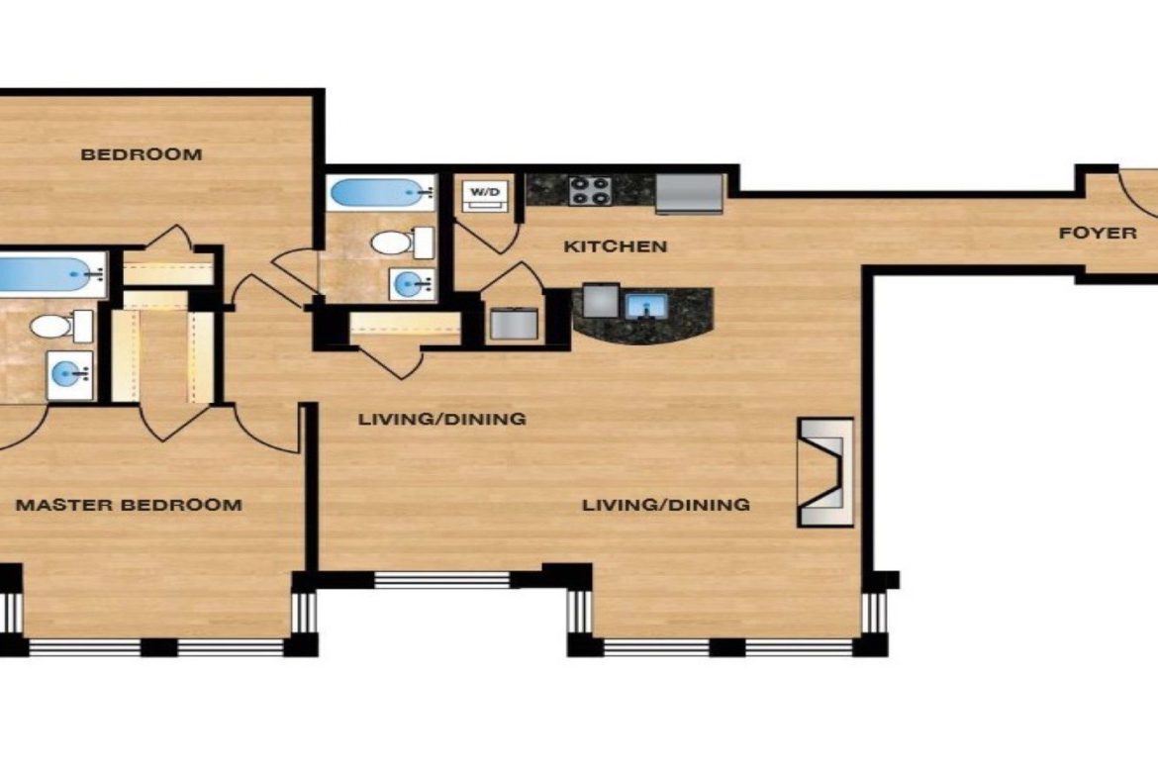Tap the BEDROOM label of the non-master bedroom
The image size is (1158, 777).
(142, 154)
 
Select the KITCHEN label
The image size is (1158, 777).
(616, 246)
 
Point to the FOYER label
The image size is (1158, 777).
(1098, 234)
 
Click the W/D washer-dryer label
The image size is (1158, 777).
(485, 192)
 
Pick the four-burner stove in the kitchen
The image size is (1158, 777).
(589, 191)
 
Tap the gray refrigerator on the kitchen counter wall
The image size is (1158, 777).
(689, 194)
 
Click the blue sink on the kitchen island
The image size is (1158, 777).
(646, 306)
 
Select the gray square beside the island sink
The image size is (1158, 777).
(601, 301)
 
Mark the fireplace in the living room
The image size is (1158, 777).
(824, 473)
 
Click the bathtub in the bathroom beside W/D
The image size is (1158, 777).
(381, 194)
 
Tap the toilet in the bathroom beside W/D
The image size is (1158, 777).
(402, 243)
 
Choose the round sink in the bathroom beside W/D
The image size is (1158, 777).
(412, 283)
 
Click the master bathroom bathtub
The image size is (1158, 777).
(50, 274)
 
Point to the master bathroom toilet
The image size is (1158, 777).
(60, 326)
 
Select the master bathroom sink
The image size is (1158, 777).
(69, 375)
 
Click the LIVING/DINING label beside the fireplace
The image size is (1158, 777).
(666, 505)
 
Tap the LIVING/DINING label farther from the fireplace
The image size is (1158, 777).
(442, 420)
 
